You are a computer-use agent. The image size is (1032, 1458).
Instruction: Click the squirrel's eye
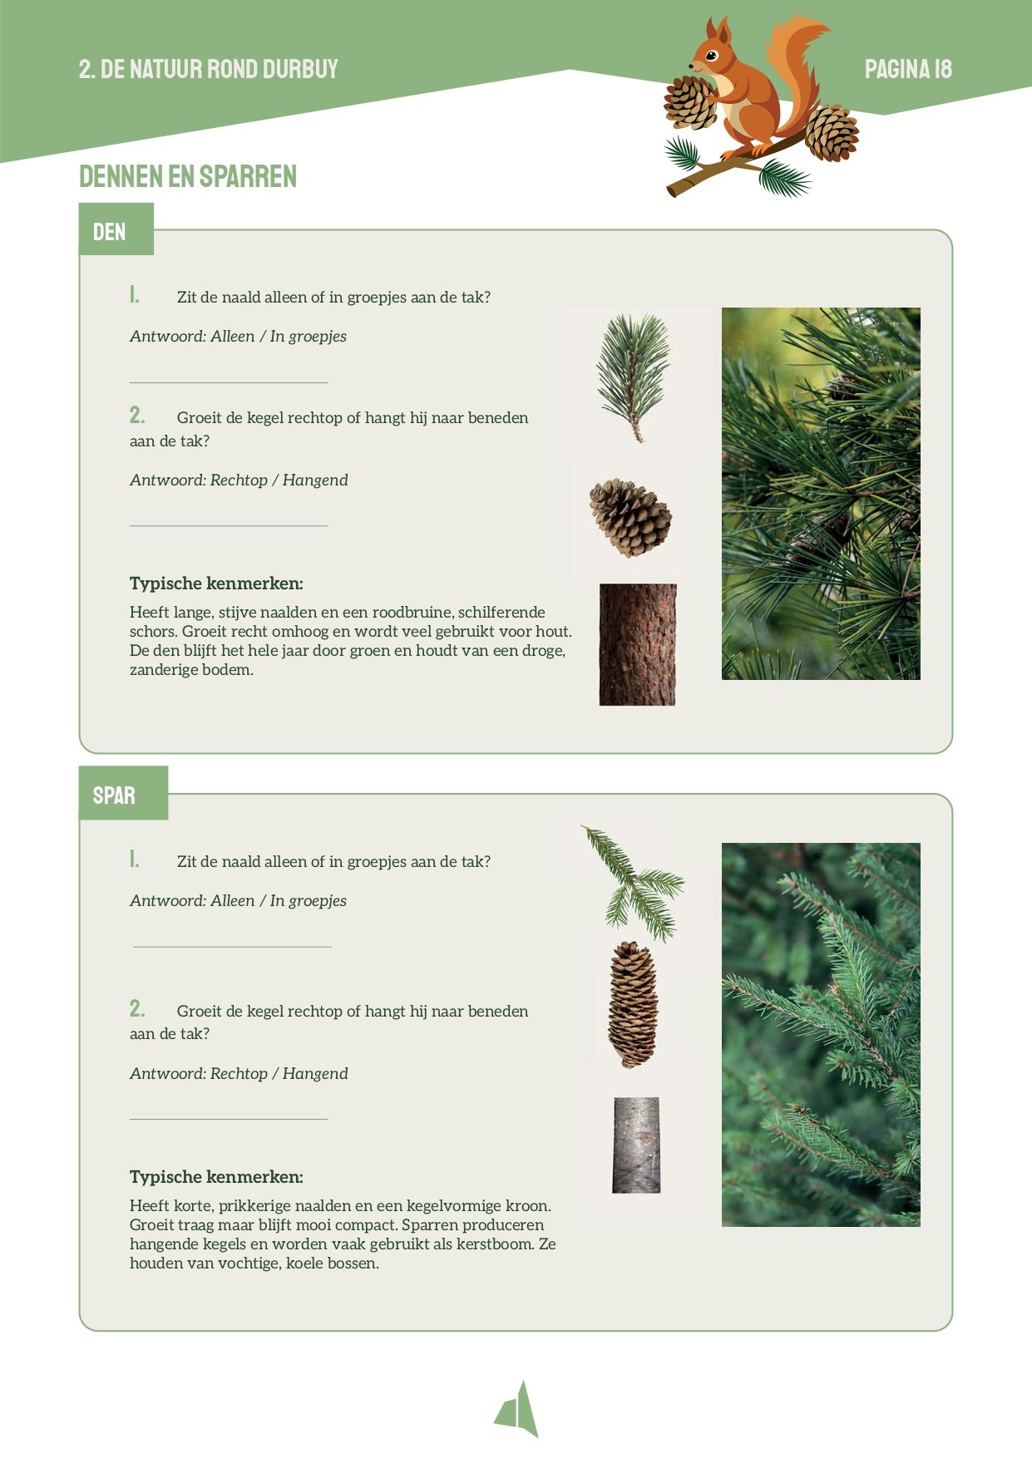[x=712, y=56]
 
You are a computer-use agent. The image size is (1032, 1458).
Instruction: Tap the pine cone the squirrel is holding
[x=690, y=102]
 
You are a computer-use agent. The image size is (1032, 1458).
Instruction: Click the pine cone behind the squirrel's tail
[x=832, y=133]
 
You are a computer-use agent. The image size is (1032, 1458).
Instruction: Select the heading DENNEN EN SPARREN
[x=188, y=176]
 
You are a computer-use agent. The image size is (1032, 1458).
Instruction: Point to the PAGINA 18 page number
[x=908, y=69]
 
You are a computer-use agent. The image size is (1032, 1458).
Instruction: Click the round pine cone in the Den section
[x=631, y=517]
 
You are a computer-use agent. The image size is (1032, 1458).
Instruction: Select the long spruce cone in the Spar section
[x=634, y=1004]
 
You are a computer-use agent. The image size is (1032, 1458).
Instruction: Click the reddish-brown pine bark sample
[x=638, y=644]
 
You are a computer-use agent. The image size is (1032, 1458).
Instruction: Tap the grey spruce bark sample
[x=637, y=1145]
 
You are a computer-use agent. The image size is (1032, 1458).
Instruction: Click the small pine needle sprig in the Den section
[x=634, y=377]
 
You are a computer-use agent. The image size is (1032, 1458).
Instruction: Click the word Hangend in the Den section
[x=315, y=480]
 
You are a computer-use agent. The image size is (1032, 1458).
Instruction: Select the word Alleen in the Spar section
[x=233, y=901]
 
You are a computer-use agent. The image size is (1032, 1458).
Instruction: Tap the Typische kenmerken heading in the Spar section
[x=216, y=1177]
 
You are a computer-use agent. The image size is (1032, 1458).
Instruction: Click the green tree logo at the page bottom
[x=517, y=1409]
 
